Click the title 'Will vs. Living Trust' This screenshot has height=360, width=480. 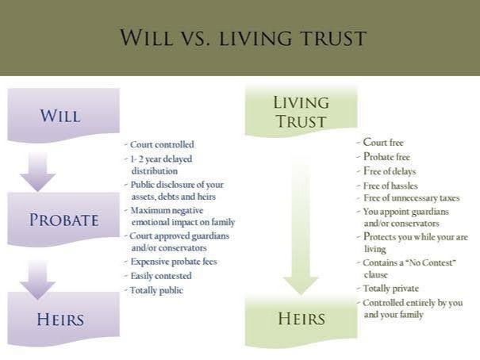[x=243, y=37]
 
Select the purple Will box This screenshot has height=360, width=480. [x=63, y=115]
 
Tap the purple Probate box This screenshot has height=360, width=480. [x=63, y=219]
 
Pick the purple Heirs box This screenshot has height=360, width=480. [x=63, y=319]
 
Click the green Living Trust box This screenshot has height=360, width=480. [x=301, y=111]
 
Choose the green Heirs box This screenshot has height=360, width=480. [x=301, y=320]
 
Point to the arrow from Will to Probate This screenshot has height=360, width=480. [x=37, y=172]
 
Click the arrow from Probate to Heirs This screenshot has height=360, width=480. [x=37, y=280]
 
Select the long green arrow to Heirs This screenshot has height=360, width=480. [x=301, y=227]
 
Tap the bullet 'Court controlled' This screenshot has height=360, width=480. [x=159, y=144]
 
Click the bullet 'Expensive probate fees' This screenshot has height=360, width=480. [x=171, y=262]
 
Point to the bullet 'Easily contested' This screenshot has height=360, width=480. [x=158, y=276]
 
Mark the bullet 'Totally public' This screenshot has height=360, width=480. [x=154, y=290]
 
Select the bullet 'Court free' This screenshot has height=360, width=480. [x=380, y=142]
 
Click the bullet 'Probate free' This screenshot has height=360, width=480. [x=383, y=156]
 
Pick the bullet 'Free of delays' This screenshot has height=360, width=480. [x=386, y=171]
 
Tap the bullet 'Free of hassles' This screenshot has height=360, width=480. [x=387, y=186]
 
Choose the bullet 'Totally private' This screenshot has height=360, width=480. [x=387, y=289]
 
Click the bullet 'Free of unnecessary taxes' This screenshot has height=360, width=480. [x=408, y=198]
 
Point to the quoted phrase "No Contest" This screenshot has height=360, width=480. [x=431, y=262]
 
